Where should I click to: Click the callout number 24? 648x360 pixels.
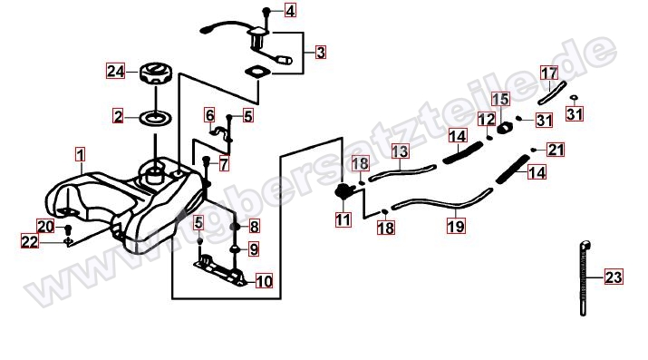click(116, 71)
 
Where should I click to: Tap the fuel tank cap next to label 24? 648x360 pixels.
click(155, 73)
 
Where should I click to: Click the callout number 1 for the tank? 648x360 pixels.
click(81, 155)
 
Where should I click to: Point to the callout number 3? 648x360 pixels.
click(320, 53)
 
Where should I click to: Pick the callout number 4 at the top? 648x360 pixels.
click(291, 10)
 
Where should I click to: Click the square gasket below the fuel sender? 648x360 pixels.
click(258, 72)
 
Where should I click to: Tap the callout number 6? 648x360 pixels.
click(209, 115)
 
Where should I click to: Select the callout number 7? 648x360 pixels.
click(224, 164)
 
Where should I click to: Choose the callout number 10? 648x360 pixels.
click(264, 281)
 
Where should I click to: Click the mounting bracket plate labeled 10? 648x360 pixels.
click(220, 271)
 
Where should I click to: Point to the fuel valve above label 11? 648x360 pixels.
click(343, 191)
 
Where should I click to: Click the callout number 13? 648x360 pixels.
click(400, 151)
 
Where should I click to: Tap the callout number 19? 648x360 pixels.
click(456, 226)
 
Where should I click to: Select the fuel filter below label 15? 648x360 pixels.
click(504, 128)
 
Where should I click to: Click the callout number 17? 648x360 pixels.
click(549, 73)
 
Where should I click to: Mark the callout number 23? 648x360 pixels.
click(614, 277)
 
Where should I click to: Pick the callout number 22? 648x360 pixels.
click(29, 241)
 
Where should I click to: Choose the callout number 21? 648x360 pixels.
click(556, 150)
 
